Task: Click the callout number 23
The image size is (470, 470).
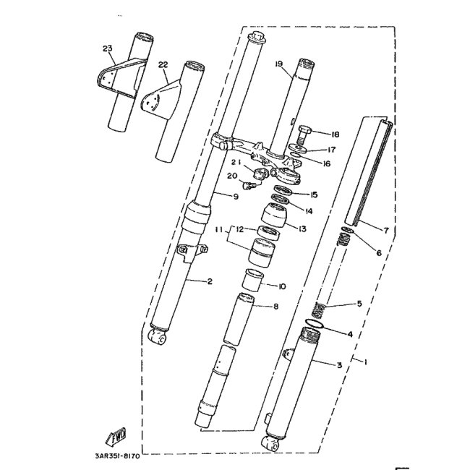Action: pos(108,49)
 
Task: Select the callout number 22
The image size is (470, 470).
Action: pos(163,64)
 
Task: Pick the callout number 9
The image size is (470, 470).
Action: pos(236,196)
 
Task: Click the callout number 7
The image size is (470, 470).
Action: pos(386,230)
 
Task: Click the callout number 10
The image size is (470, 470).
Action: pos(282,286)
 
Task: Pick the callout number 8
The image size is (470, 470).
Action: pos(275,306)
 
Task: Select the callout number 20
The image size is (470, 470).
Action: pos(232,176)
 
